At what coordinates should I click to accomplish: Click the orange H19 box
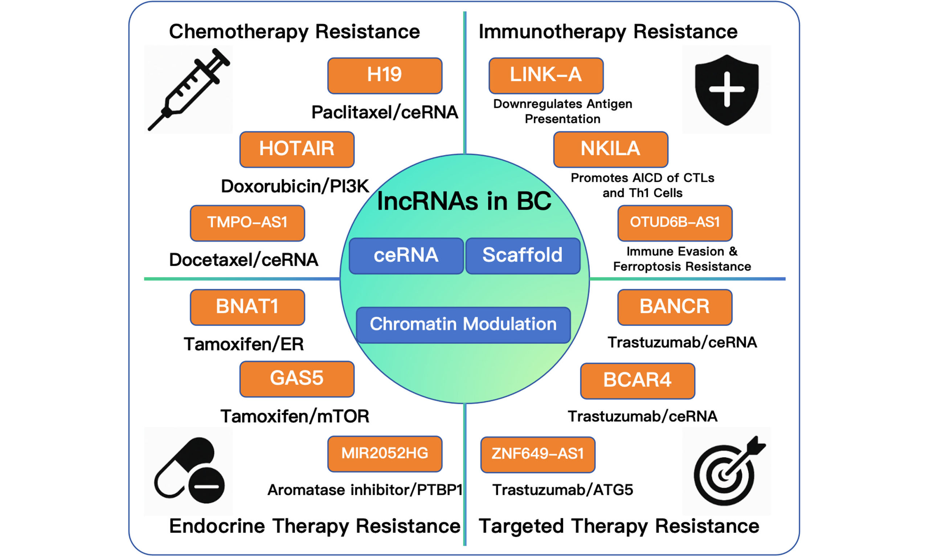385,75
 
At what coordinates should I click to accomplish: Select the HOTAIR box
296,149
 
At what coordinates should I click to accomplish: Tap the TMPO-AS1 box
247,223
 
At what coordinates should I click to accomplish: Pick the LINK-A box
546,75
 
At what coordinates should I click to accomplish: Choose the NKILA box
610,149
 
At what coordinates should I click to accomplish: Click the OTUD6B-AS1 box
675,223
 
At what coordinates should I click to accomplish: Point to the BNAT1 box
247,307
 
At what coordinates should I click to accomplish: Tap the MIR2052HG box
385,454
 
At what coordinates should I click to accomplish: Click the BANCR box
675,307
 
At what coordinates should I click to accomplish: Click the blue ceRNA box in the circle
406,256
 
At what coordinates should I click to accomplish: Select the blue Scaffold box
522,256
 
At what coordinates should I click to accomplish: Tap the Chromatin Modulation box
463,325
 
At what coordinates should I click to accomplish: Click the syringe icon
188,89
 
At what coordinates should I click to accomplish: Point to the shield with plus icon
726,89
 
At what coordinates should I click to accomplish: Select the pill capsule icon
189,471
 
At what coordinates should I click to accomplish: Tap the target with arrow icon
726,471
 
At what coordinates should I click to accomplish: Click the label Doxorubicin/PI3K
295,186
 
